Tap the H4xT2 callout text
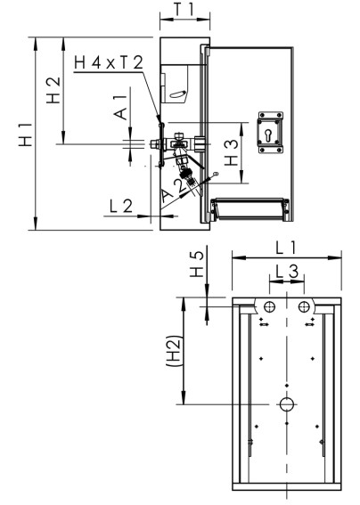tap(108, 63)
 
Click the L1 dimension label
tap(286, 246)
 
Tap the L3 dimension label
tap(286, 270)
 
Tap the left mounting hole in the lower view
tap(267, 306)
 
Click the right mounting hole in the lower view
tap(305, 306)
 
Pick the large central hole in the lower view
tap(286, 404)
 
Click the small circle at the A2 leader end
tap(215, 172)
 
